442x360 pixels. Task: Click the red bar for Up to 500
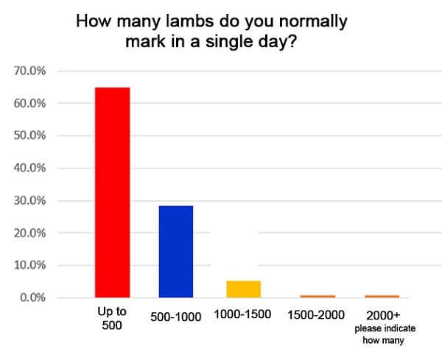[113, 192]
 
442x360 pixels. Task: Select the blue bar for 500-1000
[175, 251]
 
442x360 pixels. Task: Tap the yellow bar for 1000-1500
[243, 289]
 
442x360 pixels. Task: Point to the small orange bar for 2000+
[382, 296]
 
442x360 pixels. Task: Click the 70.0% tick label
[30, 71]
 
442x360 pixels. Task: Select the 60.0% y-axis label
[30, 103]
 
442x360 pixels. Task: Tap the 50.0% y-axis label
[30, 135]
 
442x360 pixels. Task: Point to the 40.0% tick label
[30, 168]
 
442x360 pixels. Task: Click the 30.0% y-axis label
[30, 200]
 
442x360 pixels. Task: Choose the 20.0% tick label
[30, 233]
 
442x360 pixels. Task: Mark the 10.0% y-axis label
[30, 265]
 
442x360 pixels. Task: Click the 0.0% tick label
[33, 297]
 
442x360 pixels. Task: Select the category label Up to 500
[112, 320]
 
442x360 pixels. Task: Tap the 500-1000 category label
[175, 314]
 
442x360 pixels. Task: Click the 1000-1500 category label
[242, 314]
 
